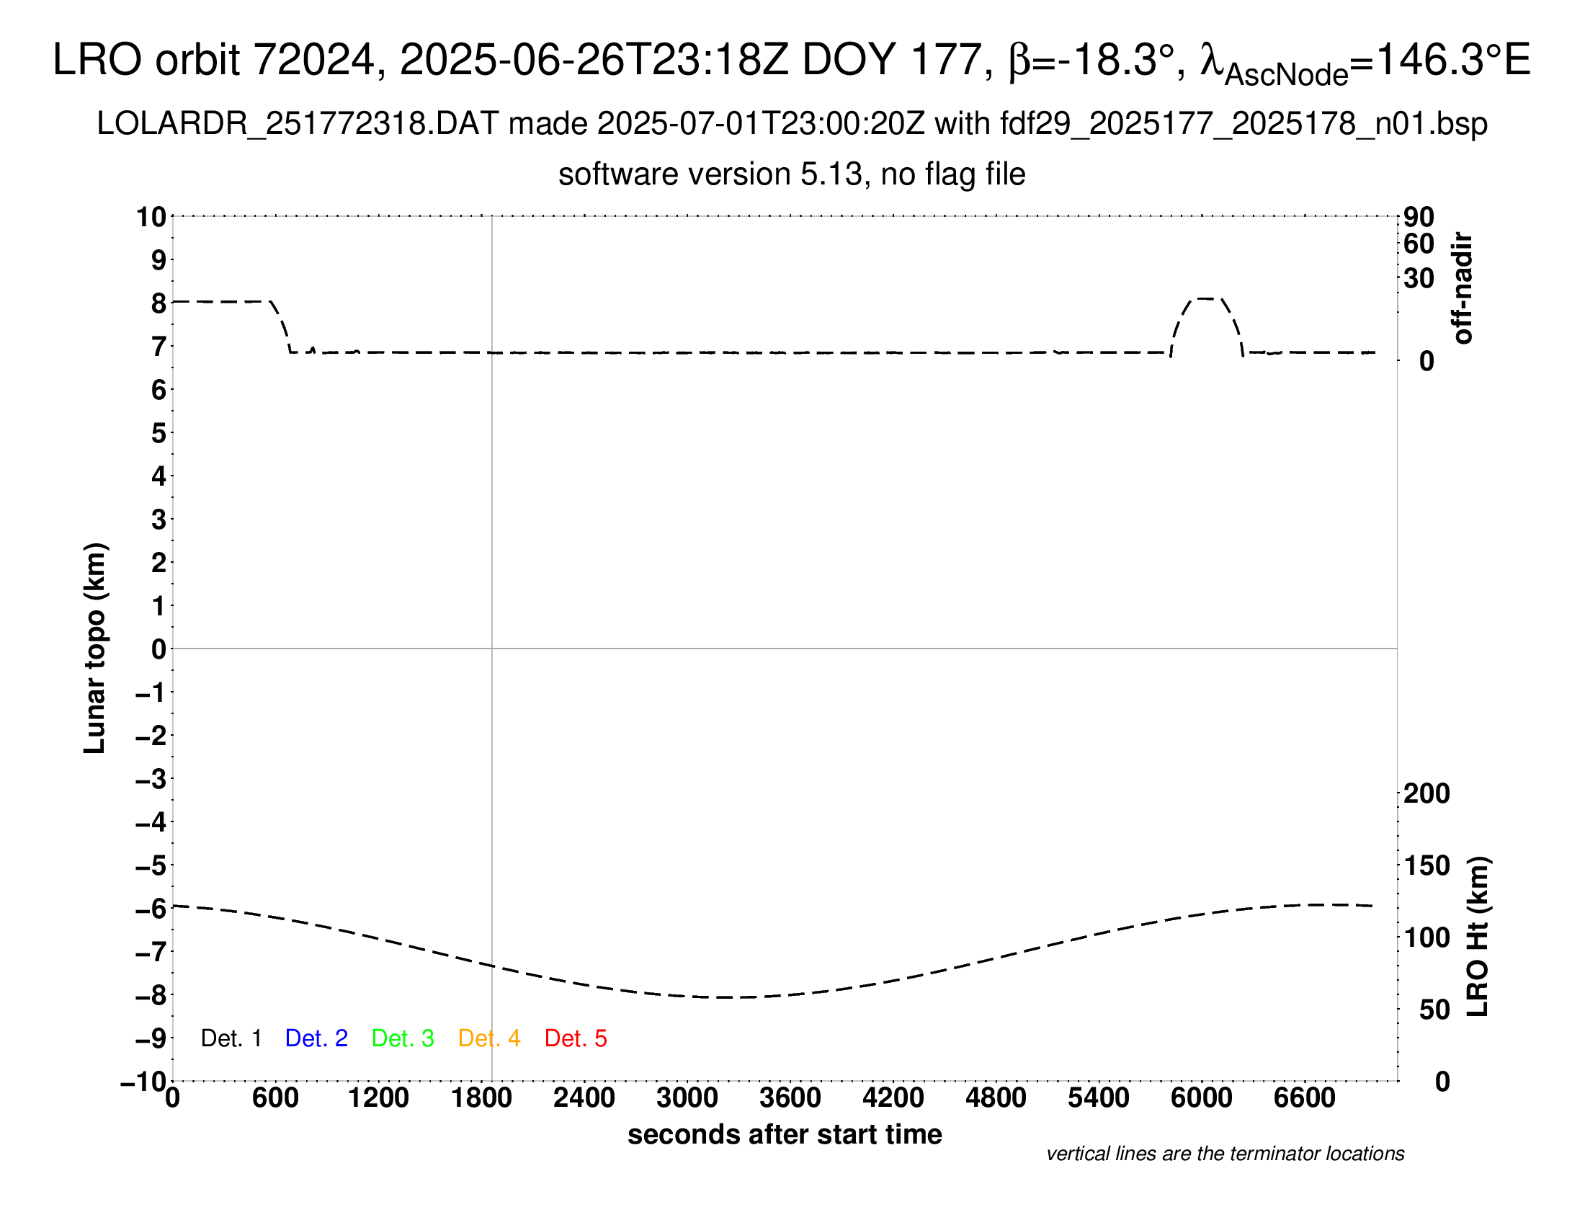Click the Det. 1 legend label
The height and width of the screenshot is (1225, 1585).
(231, 1038)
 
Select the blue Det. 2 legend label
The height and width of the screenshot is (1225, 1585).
(316, 1038)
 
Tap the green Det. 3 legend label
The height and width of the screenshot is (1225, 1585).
(403, 1038)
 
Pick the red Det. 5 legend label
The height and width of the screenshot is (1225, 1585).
(576, 1038)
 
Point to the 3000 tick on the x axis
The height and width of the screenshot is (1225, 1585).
(687, 1097)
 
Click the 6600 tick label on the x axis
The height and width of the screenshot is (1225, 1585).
(1304, 1097)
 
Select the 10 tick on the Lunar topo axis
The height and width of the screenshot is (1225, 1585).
(152, 216)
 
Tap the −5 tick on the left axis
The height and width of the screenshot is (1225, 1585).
(151, 865)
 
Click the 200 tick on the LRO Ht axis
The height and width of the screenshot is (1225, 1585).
(1426, 793)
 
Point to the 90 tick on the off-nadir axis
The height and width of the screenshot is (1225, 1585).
(1419, 217)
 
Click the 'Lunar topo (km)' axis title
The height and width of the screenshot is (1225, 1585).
(95, 648)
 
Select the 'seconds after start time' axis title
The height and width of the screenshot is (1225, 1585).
(785, 1134)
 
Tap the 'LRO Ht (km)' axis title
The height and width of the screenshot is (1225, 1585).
(1478, 937)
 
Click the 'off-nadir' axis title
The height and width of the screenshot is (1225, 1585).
(1463, 288)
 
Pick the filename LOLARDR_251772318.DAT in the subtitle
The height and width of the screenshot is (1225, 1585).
(298, 124)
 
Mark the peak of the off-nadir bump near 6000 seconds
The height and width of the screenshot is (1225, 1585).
(1206, 298)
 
